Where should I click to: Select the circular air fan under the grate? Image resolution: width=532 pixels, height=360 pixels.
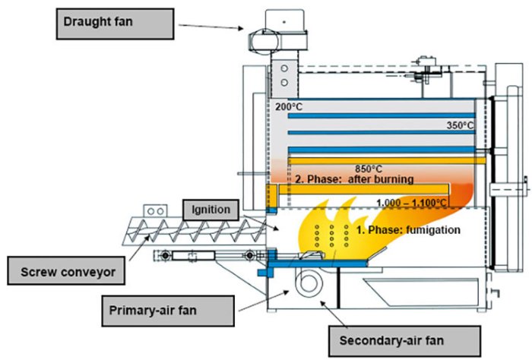click(x=311, y=283)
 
